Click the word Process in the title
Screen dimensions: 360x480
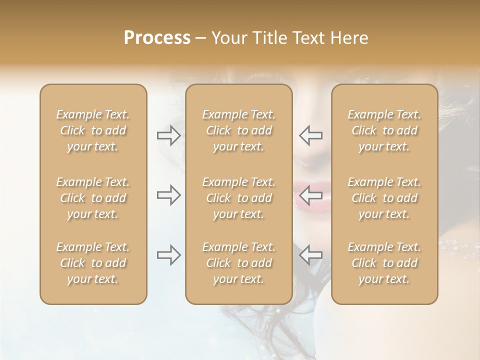tap(157, 38)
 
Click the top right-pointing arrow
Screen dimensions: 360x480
tap(168, 135)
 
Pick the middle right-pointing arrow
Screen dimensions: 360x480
tap(168, 195)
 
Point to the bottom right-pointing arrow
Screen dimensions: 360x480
tap(168, 255)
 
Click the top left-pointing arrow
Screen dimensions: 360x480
tap(310, 135)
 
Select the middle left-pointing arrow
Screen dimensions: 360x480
tap(310, 195)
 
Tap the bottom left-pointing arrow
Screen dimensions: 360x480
tap(310, 255)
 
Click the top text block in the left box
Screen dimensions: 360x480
tap(93, 130)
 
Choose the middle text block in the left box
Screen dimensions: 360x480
tap(93, 198)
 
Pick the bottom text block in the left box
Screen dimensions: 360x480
tap(93, 263)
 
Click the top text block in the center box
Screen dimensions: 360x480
tap(239, 130)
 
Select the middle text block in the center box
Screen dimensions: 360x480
tap(239, 198)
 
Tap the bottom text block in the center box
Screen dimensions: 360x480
tap(239, 263)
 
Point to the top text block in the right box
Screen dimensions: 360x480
tap(384, 130)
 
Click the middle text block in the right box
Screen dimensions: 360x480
tap(384, 198)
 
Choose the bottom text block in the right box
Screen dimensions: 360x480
tap(384, 263)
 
